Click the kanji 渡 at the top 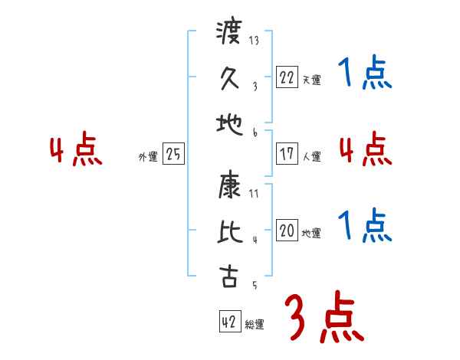pyautogui.click(x=230, y=34)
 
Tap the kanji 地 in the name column pyautogui.click(x=230, y=121)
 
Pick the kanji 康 pyautogui.click(x=230, y=186)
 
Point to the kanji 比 pyautogui.click(x=230, y=232)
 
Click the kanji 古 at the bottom pyautogui.click(x=230, y=277)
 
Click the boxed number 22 pyautogui.click(x=287, y=77)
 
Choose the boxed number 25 pyautogui.click(x=173, y=155)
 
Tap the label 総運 pyautogui.click(x=255, y=325)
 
